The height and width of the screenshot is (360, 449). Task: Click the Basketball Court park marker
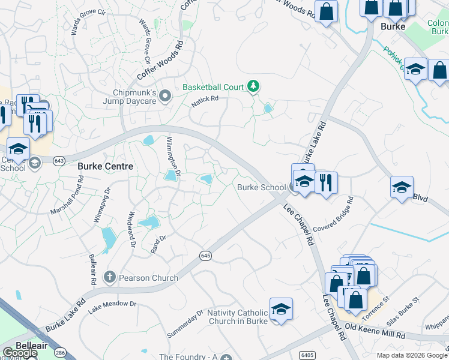tap(253, 87)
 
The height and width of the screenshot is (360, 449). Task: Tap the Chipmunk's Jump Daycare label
tap(136, 97)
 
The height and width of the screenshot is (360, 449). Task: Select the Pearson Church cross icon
tap(109, 277)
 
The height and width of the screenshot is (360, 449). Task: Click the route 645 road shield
tap(205, 256)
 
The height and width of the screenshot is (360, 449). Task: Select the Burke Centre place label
tap(106, 166)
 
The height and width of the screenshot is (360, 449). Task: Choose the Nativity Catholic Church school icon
tap(280, 309)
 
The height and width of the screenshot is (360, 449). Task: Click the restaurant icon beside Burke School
tap(326, 182)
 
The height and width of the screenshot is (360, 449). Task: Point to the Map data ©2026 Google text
tap(412, 355)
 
